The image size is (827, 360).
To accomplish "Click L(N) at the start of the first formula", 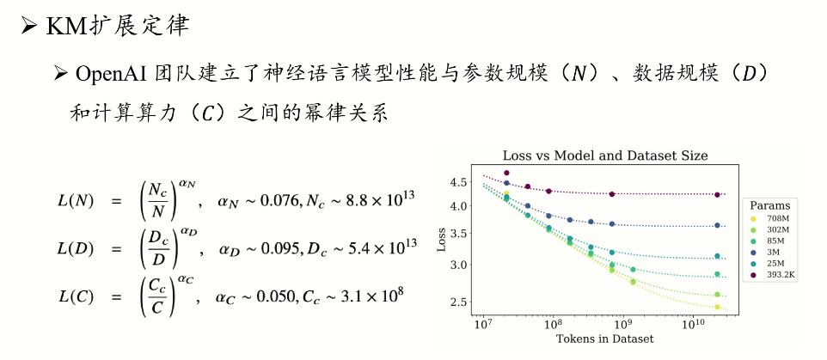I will [x=75, y=201].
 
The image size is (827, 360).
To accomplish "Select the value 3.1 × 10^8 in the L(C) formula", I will [x=366, y=297].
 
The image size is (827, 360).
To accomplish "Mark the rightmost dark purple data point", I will [x=717, y=195].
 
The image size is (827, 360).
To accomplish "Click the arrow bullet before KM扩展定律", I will [x=28, y=26].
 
